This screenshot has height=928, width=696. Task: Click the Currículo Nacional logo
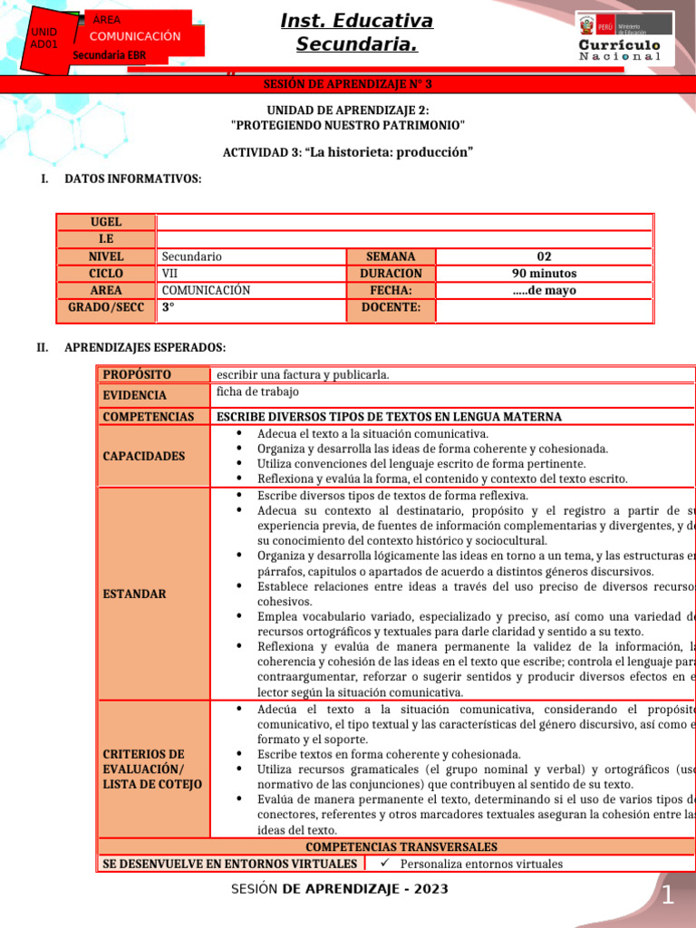pyautogui.click(x=623, y=38)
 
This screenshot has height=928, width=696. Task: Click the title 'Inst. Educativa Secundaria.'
pyautogui.click(x=356, y=33)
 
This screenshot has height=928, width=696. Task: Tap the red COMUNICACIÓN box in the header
pyautogui.click(x=135, y=36)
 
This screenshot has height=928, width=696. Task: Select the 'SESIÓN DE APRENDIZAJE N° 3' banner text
pyautogui.click(x=348, y=84)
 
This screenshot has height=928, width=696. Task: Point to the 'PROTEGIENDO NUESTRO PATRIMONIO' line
pyautogui.click(x=348, y=124)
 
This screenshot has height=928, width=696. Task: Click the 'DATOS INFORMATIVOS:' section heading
pyautogui.click(x=132, y=179)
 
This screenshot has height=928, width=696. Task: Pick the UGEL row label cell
pyautogui.click(x=106, y=222)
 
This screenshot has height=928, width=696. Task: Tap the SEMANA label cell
pyautogui.click(x=391, y=256)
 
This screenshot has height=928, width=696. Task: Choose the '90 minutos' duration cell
pyautogui.click(x=544, y=274)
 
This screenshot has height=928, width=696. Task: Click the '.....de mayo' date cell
pyautogui.click(x=544, y=291)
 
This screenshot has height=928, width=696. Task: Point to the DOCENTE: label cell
pyautogui.click(x=391, y=308)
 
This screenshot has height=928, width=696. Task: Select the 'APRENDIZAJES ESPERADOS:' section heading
pyautogui.click(x=145, y=347)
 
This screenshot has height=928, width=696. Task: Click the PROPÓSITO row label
pyautogui.click(x=137, y=374)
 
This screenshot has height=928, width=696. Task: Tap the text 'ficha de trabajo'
pyautogui.click(x=257, y=392)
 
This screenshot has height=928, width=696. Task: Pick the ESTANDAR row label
pyautogui.click(x=134, y=594)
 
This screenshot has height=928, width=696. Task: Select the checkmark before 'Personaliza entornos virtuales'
pyautogui.click(x=383, y=864)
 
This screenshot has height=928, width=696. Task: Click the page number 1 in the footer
pyautogui.click(x=667, y=896)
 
